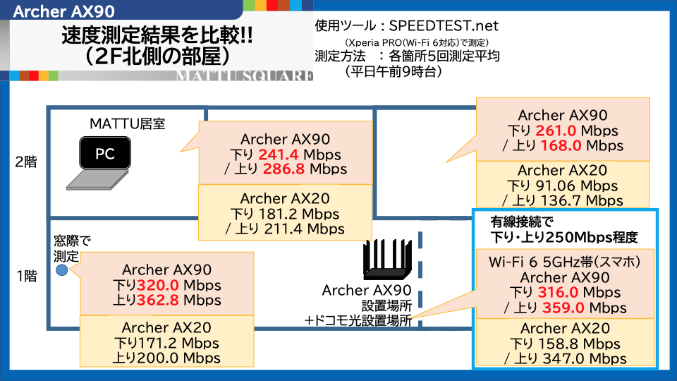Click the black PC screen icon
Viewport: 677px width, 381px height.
pyautogui.click(x=105, y=153)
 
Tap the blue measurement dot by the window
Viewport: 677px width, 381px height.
pyautogui.click(x=62, y=270)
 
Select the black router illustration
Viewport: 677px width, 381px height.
pyautogui.click(x=387, y=259)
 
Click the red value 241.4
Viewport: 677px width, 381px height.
pyautogui.click(x=278, y=155)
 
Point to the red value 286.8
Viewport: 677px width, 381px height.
pyautogui.click(x=283, y=169)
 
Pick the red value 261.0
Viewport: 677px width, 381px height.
pyautogui.click(x=556, y=131)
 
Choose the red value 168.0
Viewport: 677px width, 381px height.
pyautogui.click(x=561, y=145)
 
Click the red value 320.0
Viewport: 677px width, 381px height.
pyautogui.click(x=157, y=285)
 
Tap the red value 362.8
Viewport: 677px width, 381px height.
pyautogui.click(x=157, y=300)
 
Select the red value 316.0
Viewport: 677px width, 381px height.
pyautogui.click(x=558, y=292)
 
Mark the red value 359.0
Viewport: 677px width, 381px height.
pyautogui.click(x=563, y=308)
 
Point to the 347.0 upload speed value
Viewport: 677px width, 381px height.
pyautogui.click(x=563, y=358)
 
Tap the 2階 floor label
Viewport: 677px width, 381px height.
pyautogui.click(x=26, y=162)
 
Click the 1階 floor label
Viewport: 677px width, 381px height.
pyautogui.click(x=27, y=276)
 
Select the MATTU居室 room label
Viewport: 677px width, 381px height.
pyautogui.click(x=128, y=124)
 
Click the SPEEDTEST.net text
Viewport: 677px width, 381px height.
pyautogui.click(x=444, y=26)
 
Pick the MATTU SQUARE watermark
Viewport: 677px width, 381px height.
pyautogui.click(x=245, y=76)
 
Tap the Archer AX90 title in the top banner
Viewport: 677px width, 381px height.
pyautogui.click(x=64, y=12)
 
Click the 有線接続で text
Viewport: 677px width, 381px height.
pyautogui.click(x=522, y=222)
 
